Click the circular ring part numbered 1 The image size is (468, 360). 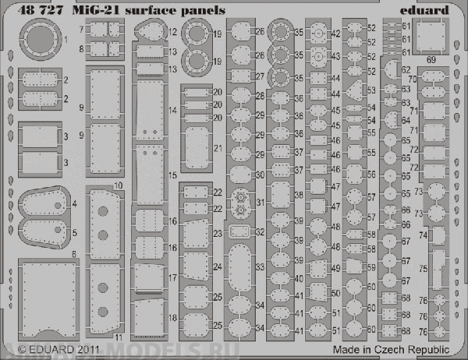pos(37,39)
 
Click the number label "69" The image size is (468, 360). pos(431,58)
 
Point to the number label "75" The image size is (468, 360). pos(445,268)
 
